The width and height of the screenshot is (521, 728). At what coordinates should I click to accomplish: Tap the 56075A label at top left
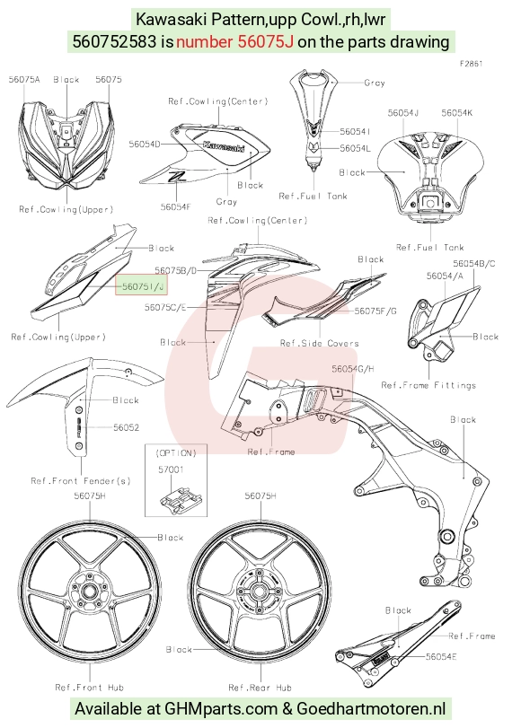(x=24, y=79)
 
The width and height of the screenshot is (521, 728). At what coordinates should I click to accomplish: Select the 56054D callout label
(x=145, y=145)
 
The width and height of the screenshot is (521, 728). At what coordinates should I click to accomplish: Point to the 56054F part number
(x=176, y=207)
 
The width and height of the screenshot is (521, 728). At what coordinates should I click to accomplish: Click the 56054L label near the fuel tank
(x=356, y=148)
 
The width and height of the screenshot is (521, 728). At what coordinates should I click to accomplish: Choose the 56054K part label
(x=457, y=113)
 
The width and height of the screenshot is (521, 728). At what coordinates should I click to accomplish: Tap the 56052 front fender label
(x=127, y=427)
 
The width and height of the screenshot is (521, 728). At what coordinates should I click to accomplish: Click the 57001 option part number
(x=171, y=469)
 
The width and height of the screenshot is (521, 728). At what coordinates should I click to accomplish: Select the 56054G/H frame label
(x=353, y=369)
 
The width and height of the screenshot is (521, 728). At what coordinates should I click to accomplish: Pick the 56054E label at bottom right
(x=441, y=656)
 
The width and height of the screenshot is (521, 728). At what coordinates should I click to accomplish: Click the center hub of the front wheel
(x=89, y=592)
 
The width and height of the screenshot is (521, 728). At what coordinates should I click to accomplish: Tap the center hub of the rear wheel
(x=260, y=592)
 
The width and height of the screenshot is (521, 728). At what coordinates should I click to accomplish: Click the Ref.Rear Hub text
(x=260, y=688)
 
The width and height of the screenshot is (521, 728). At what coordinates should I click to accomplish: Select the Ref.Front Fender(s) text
(x=81, y=481)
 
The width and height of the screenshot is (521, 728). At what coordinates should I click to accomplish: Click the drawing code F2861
(x=472, y=64)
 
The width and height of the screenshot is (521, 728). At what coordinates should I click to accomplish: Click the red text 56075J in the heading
(x=265, y=42)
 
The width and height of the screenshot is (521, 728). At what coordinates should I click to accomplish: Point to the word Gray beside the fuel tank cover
(x=375, y=83)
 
